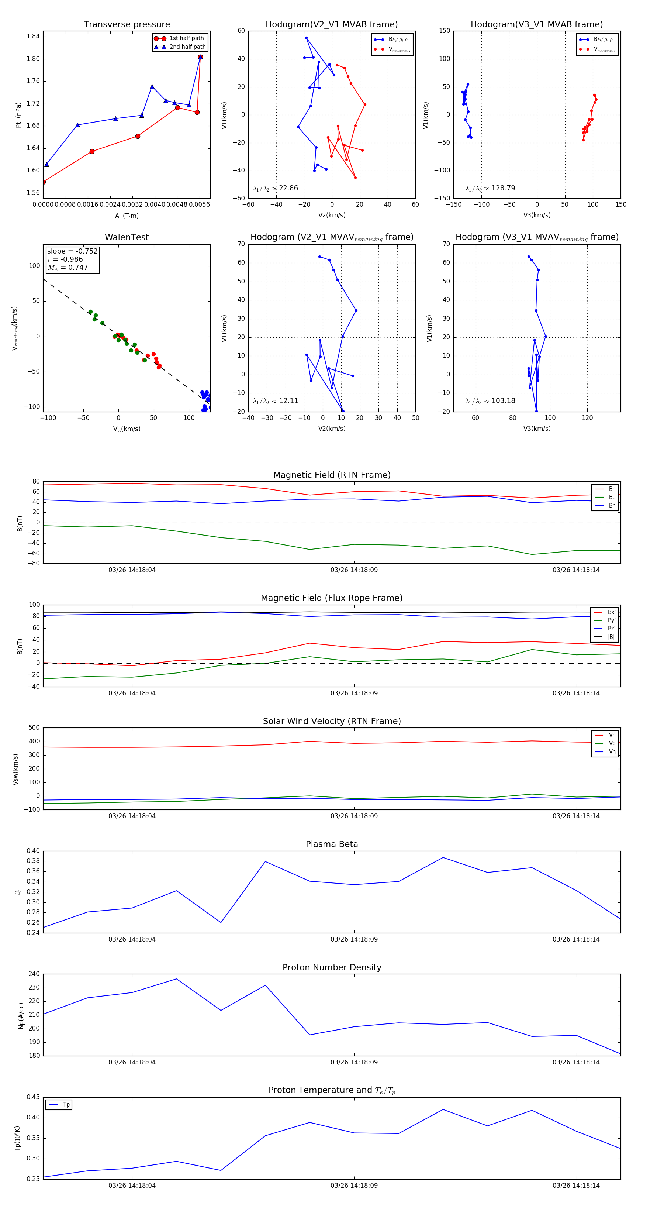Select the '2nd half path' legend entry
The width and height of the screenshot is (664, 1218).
coord(187,47)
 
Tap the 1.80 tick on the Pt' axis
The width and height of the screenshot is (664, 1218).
coord(33,59)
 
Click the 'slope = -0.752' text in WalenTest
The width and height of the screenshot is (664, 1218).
coord(72,251)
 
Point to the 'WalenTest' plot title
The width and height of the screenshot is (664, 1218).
coord(127,237)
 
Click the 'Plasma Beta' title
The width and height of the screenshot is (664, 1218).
coord(332,844)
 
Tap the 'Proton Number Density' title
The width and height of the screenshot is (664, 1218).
coord(332,967)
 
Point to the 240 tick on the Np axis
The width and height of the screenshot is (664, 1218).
coord(34,974)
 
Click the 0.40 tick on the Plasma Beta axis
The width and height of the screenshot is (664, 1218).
coord(33,851)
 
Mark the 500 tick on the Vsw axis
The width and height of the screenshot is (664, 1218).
coord(34,728)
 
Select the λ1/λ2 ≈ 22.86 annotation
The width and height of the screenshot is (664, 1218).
coord(276,188)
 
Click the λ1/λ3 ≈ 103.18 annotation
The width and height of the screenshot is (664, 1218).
coord(490,400)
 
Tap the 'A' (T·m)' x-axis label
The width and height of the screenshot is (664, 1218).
coord(127,216)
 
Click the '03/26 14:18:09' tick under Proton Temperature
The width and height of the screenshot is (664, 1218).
coord(354,1186)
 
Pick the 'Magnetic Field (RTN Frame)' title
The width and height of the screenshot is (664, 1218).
coord(332,475)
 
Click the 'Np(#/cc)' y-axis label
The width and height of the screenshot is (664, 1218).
coord(21,1015)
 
